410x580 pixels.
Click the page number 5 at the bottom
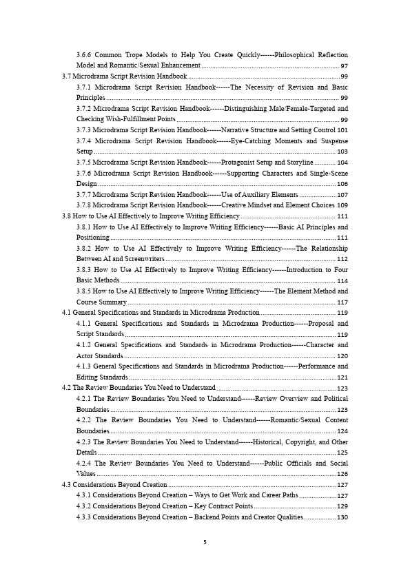[205, 542]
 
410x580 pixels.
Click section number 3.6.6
[83, 54]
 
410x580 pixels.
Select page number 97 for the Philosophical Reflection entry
[344, 65]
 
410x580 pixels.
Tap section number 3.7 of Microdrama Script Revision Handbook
[67, 76]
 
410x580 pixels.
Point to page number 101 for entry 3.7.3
[342, 130]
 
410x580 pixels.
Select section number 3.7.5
[83, 162]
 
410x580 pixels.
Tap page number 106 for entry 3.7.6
[342, 184]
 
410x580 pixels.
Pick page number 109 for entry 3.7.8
[342, 205]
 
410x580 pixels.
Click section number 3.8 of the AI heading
[67, 216]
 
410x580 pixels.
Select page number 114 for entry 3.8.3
[342, 281]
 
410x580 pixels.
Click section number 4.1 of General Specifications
[67, 313]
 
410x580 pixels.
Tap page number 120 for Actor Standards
[342, 356]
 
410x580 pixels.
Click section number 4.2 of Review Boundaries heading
[67, 389]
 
